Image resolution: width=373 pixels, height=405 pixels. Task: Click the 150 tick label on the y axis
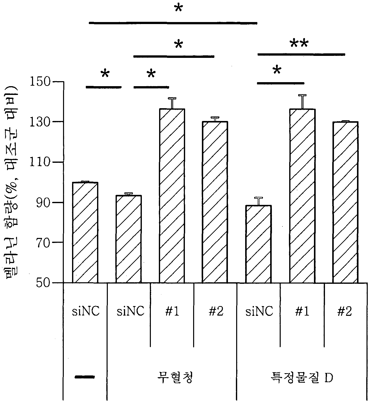click(x=40, y=82)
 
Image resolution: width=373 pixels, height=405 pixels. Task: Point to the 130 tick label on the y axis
click(x=40, y=122)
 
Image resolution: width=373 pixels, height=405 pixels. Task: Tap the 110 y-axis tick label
click(x=40, y=162)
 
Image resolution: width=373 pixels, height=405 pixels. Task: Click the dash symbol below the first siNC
click(x=85, y=376)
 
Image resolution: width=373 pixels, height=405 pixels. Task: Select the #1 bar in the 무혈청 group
click(x=172, y=196)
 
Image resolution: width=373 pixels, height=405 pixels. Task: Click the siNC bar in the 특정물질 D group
click(x=258, y=244)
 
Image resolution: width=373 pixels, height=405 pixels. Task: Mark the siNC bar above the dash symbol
click(x=85, y=232)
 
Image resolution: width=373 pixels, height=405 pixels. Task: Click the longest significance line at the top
click(x=173, y=23)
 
